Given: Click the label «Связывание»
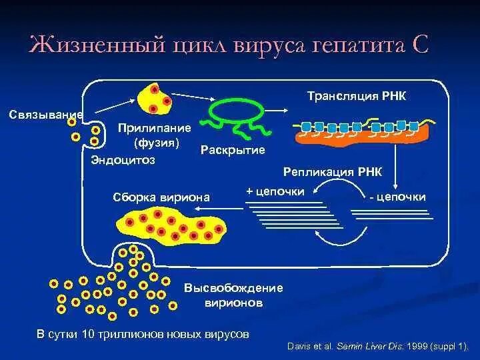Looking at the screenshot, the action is [45, 114].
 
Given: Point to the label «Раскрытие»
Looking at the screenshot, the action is [233, 150].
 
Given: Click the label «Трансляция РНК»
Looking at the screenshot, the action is [356, 97].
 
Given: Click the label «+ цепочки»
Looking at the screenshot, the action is [275, 191].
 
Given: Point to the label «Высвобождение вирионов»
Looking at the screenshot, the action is [233, 295].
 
